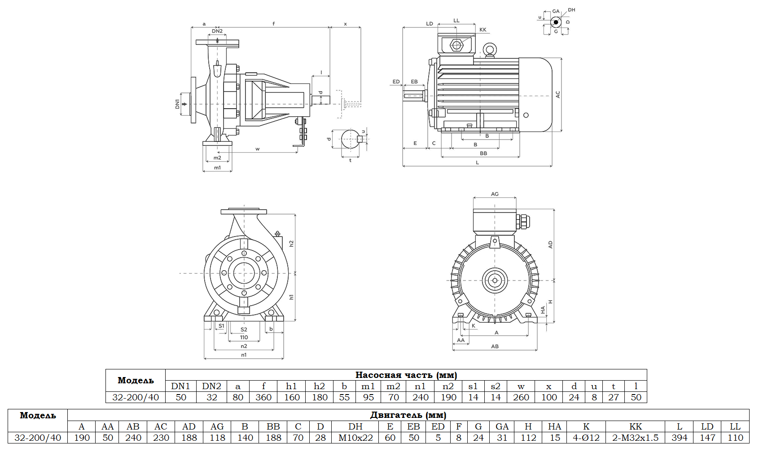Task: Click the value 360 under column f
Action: (263, 397)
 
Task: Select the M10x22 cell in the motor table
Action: (355, 438)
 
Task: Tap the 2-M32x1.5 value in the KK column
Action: (635, 438)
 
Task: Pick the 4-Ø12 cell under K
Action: (586, 438)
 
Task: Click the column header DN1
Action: (180, 386)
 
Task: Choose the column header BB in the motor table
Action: (273, 426)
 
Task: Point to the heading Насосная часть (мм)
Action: (406, 375)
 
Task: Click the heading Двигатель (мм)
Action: (408, 415)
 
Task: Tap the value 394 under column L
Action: (679, 438)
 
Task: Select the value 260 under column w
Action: (521, 397)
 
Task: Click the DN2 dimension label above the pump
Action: (217, 31)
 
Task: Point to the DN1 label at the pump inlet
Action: (178, 104)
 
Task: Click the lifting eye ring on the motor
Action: (489, 49)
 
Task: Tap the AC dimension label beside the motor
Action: (558, 95)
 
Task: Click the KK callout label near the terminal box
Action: (483, 30)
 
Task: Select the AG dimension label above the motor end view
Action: (495, 194)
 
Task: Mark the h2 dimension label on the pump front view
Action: (291, 243)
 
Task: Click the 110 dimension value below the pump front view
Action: (244, 338)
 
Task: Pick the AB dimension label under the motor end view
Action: (495, 347)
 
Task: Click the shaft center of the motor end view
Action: (495, 280)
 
